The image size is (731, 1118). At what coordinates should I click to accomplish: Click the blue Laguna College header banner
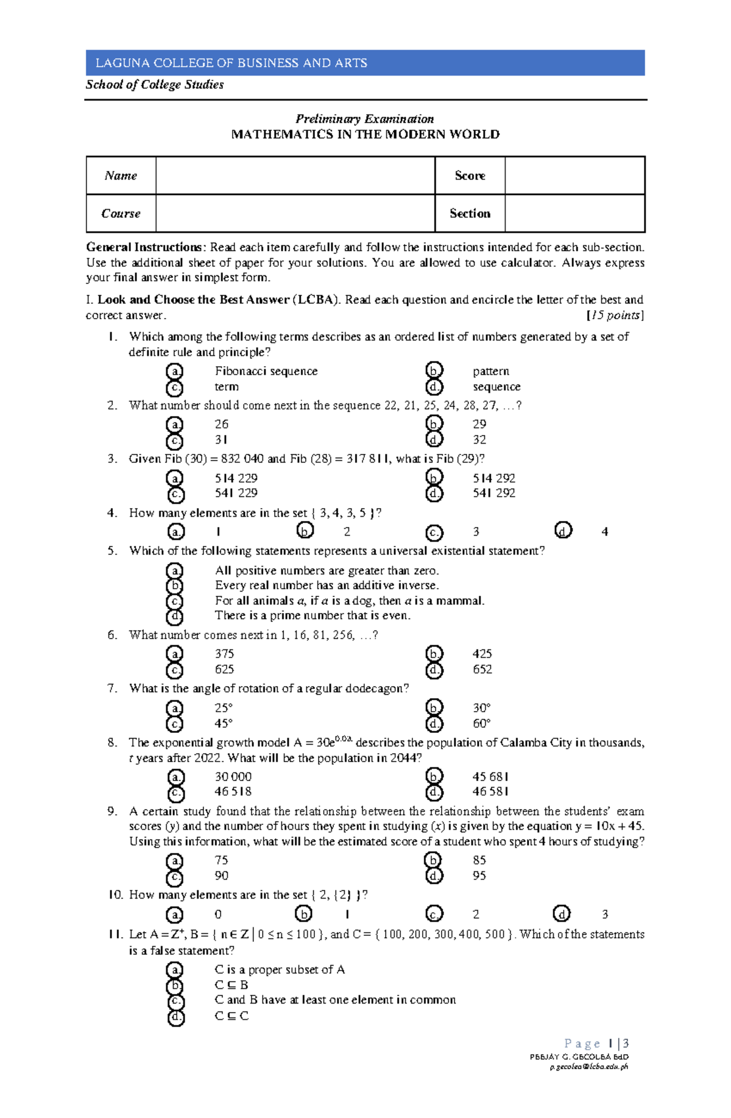point(365,63)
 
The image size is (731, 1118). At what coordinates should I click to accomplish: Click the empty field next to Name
point(295,175)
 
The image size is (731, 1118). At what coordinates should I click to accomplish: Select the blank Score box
point(574,175)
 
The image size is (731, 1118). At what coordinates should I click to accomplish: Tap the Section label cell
point(470,213)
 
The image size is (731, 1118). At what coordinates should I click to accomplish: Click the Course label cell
point(121,213)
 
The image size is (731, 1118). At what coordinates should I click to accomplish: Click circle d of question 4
point(563,531)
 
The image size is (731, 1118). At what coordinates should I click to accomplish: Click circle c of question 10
point(434,914)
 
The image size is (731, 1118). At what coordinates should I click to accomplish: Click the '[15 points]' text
point(615,315)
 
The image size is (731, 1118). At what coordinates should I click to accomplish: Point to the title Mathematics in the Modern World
point(365,134)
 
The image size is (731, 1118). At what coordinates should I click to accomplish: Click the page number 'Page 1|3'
point(596,1044)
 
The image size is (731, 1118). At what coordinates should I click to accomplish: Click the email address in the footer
point(588,1067)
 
